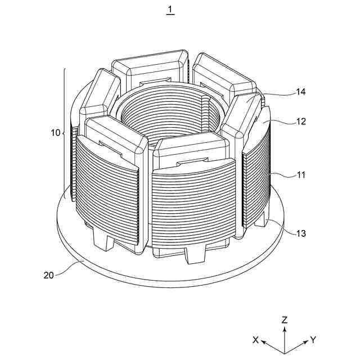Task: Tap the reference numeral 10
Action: (x=55, y=133)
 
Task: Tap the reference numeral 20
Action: (x=49, y=275)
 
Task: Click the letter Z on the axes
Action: (x=285, y=320)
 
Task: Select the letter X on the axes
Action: (x=255, y=340)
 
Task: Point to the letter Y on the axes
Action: (x=313, y=340)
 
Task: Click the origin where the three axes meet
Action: (x=285, y=352)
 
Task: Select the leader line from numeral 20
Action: (x=70, y=269)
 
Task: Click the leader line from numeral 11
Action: (x=284, y=174)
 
